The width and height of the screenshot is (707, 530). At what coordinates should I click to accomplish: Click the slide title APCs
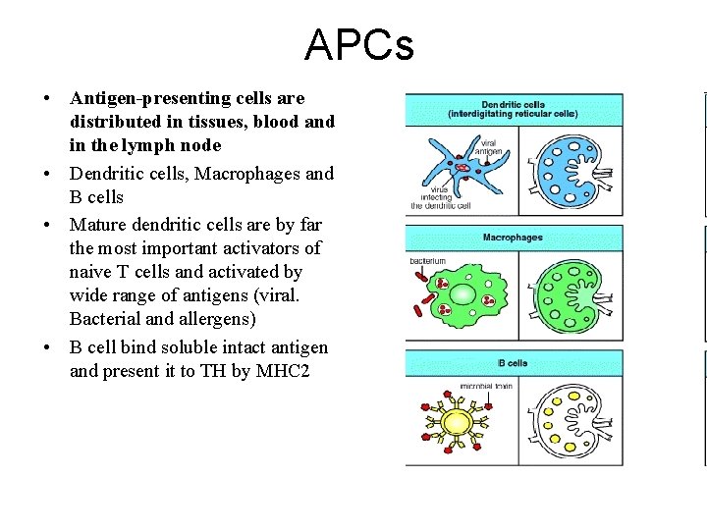pos(358,44)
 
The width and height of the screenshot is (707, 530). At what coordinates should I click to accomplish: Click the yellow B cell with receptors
pos(457,423)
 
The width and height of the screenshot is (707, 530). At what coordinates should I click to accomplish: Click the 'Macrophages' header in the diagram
pos(513,238)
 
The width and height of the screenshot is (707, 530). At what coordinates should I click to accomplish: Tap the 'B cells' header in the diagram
pos(511,363)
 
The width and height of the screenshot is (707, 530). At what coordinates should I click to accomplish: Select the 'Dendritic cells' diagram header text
pos(513,104)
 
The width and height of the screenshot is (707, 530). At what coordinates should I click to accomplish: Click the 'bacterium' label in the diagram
pos(428,261)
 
